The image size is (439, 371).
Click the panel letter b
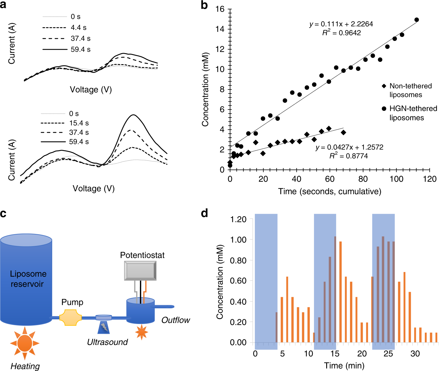click(204, 5)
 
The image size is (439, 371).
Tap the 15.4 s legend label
click(79, 123)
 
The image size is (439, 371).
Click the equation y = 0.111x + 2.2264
click(341, 24)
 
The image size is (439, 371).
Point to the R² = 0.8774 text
click(349, 156)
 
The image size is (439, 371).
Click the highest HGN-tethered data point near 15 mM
click(417, 20)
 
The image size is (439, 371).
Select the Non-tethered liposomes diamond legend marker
click(384, 86)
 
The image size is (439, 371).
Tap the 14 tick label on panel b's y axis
click(220, 29)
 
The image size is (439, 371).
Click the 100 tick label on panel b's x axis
click(396, 179)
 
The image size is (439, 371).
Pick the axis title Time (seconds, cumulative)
click(330, 191)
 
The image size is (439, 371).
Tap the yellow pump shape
click(70, 317)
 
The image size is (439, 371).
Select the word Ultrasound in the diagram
click(107, 342)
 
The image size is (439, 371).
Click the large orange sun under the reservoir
click(25, 343)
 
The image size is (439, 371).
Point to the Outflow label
click(175, 320)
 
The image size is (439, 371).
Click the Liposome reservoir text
click(28, 279)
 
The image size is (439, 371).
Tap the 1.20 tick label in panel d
click(238, 219)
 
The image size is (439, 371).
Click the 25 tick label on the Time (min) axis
click(388, 354)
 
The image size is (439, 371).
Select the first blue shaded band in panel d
click(266, 279)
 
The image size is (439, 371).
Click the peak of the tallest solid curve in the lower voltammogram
click(133, 115)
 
